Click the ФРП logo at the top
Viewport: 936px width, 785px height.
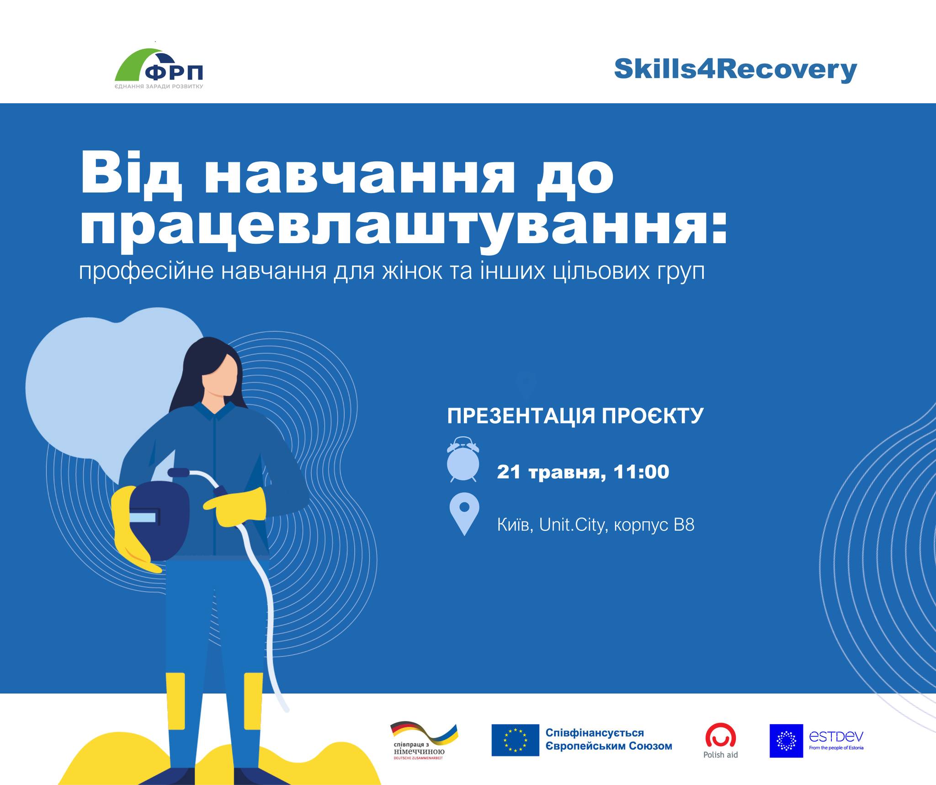(159, 69)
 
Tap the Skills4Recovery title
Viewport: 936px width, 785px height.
(735, 70)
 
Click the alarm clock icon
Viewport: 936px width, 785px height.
(463, 459)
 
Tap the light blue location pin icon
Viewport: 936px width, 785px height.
(464, 514)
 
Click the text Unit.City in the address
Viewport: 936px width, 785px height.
(572, 524)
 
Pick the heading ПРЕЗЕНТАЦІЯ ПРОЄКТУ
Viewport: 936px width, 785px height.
(575, 416)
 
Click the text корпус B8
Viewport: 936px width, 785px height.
(654, 525)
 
